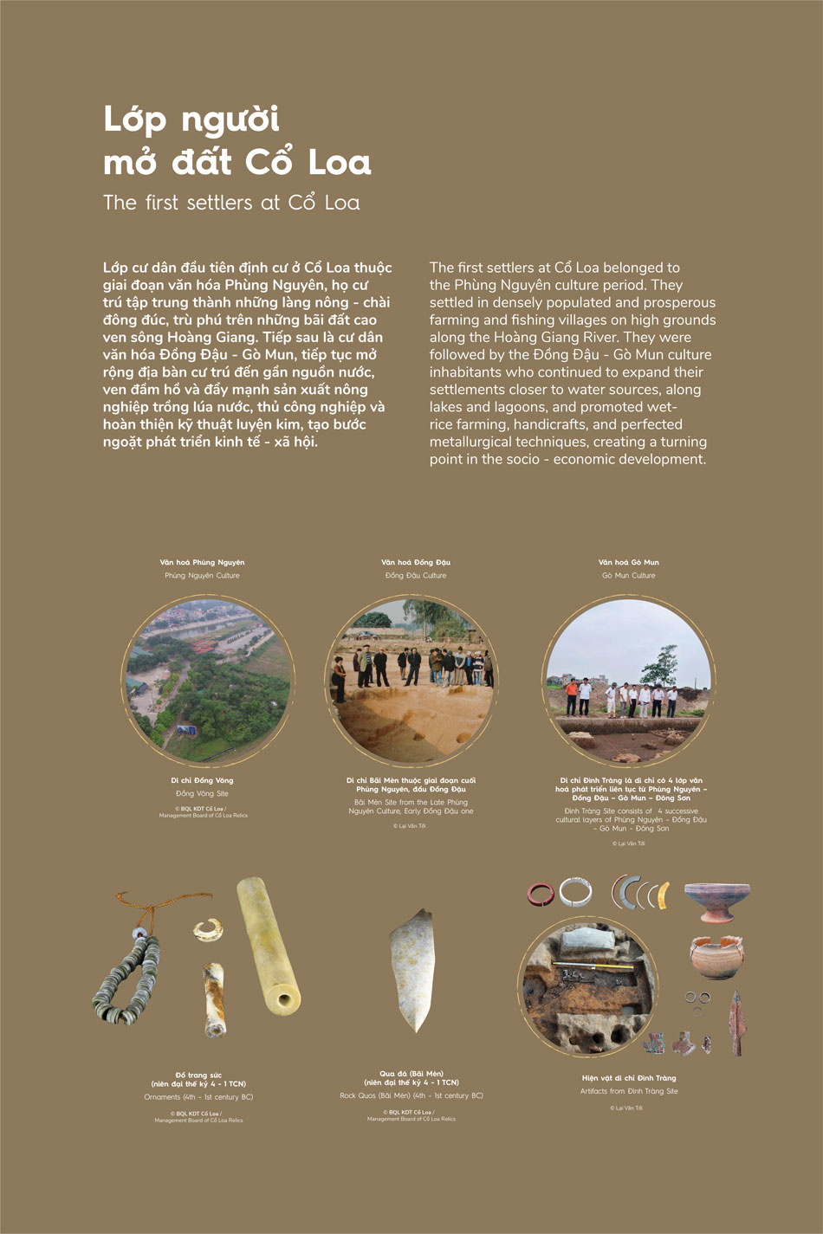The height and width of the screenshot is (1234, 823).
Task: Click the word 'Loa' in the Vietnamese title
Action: click(x=340, y=163)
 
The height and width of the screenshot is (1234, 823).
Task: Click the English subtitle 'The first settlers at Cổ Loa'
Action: click(x=231, y=203)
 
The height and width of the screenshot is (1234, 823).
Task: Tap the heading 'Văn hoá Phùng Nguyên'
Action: click(x=202, y=562)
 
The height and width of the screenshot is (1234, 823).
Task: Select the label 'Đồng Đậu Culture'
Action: click(x=416, y=575)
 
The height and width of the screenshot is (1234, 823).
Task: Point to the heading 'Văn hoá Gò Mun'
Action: click(x=629, y=562)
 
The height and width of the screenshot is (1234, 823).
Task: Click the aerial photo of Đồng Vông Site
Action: click(x=208, y=681)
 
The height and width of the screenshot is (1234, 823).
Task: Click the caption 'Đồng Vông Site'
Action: click(x=202, y=793)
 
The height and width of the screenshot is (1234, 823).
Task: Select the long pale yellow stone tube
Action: click(x=269, y=944)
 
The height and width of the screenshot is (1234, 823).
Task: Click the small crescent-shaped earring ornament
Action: click(x=208, y=930)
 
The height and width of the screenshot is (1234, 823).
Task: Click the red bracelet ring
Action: click(x=541, y=894)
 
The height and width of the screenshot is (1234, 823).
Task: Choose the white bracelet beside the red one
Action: click(x=575, y=892)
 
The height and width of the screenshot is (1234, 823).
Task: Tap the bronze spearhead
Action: click(x=736, y=1022)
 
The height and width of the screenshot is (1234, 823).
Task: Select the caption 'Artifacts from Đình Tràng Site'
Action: click(x=629, y=1091)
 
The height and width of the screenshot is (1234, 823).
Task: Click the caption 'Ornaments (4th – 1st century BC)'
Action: click(x=198, y=1097)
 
